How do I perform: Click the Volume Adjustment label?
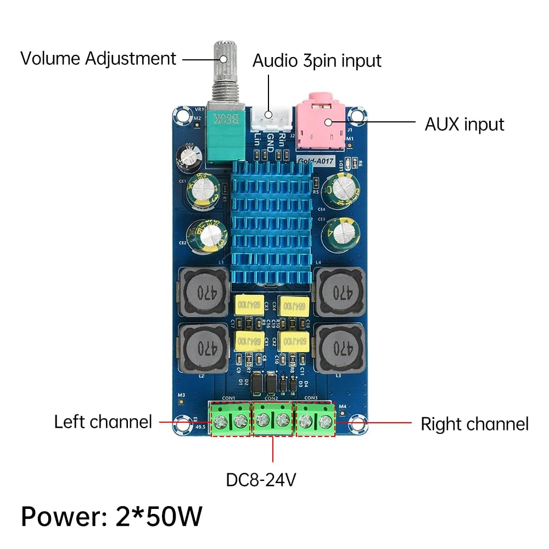point(98,58)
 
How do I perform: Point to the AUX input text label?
point(464,124)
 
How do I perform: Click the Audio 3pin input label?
point(316,60)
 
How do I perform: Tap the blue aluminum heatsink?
point(272,220)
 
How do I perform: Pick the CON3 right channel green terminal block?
point(316,420)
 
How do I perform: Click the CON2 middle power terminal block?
point(273,420)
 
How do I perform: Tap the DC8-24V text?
point(261,480)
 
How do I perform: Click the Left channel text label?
point(103,422)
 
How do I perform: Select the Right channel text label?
point(474,424)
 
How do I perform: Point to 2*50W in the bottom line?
point(159,517)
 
